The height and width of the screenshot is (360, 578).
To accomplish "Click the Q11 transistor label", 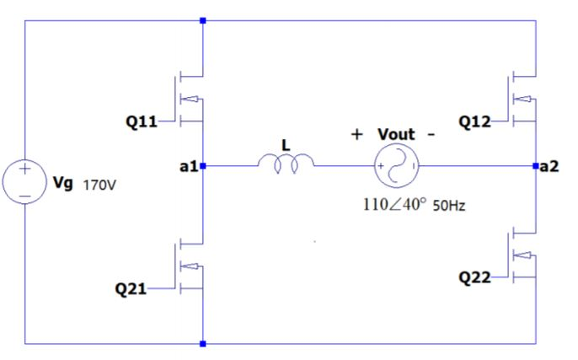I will (141, 121).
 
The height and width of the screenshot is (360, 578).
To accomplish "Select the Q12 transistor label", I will (475, 121).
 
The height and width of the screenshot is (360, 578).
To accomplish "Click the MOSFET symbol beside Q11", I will (191, 99).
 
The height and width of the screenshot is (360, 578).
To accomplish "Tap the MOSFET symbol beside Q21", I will (191, 266).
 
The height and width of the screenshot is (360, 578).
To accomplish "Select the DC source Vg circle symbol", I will (26, 181).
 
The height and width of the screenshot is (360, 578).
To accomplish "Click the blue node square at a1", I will (203, 166).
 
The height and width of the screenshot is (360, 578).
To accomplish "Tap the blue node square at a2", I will (538, 166).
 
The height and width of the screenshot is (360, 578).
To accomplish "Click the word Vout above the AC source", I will (396, 134).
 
